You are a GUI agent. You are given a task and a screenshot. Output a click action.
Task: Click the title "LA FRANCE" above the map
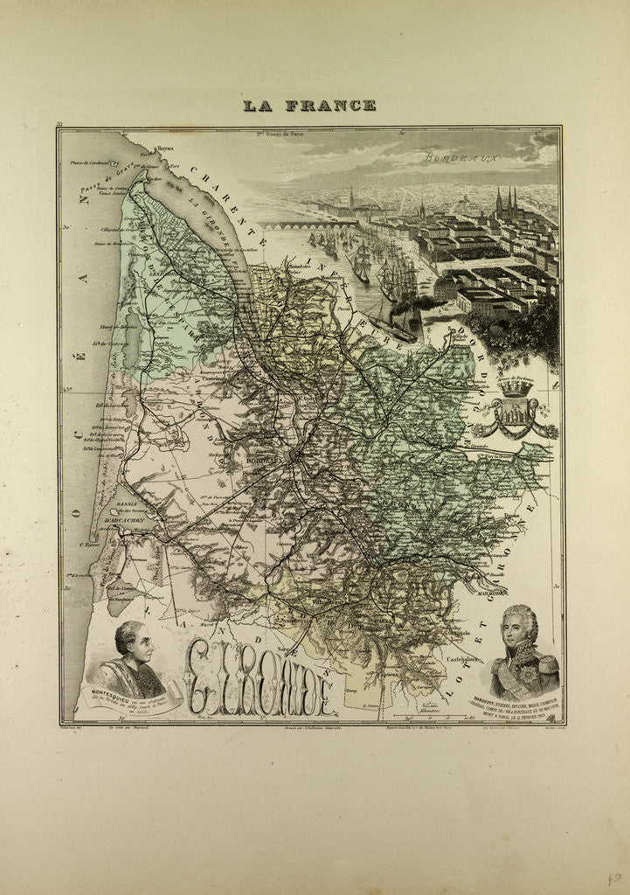click(309, 105)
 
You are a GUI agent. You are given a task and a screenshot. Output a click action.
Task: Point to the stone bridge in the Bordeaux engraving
click(306, 225)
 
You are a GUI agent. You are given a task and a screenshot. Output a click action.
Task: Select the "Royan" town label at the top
click(159, 150)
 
